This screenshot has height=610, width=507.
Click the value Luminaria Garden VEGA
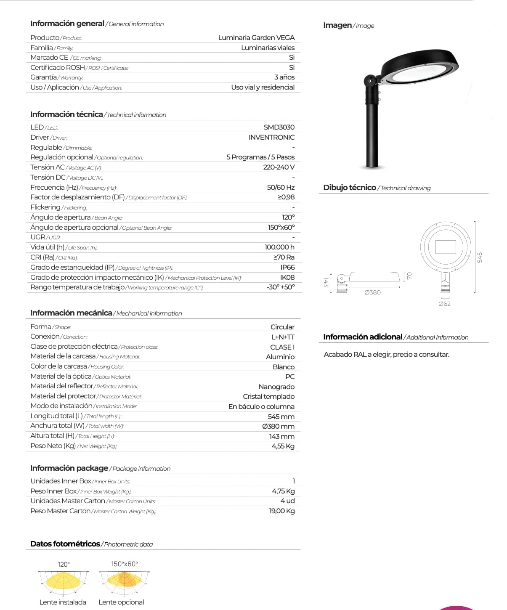pos(256,37)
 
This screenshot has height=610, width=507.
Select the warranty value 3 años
pos(284,77)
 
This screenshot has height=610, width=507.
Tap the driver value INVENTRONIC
pos(271,137)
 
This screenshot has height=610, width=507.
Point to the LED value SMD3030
pos(279,127)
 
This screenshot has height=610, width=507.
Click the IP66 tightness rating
pos(287,268)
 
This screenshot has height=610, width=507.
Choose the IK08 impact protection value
pos(287,278)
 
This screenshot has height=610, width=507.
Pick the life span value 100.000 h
pos(279,247)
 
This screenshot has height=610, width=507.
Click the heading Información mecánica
pos(71,313)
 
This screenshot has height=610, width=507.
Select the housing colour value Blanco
pos(284,367)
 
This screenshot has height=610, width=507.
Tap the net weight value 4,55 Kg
pos(283,446)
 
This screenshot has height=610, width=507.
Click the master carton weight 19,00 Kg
pos(282,511)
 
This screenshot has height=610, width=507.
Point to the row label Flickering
pos(45,207)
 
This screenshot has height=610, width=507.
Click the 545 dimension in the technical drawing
pos(480,257)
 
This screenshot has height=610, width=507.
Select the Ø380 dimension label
pos(372,292)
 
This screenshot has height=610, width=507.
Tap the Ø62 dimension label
pos(444,304)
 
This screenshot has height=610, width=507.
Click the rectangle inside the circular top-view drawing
pos(446,247)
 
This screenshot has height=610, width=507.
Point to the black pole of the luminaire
pos(372,135)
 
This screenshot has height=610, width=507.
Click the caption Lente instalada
pos(63,602)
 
